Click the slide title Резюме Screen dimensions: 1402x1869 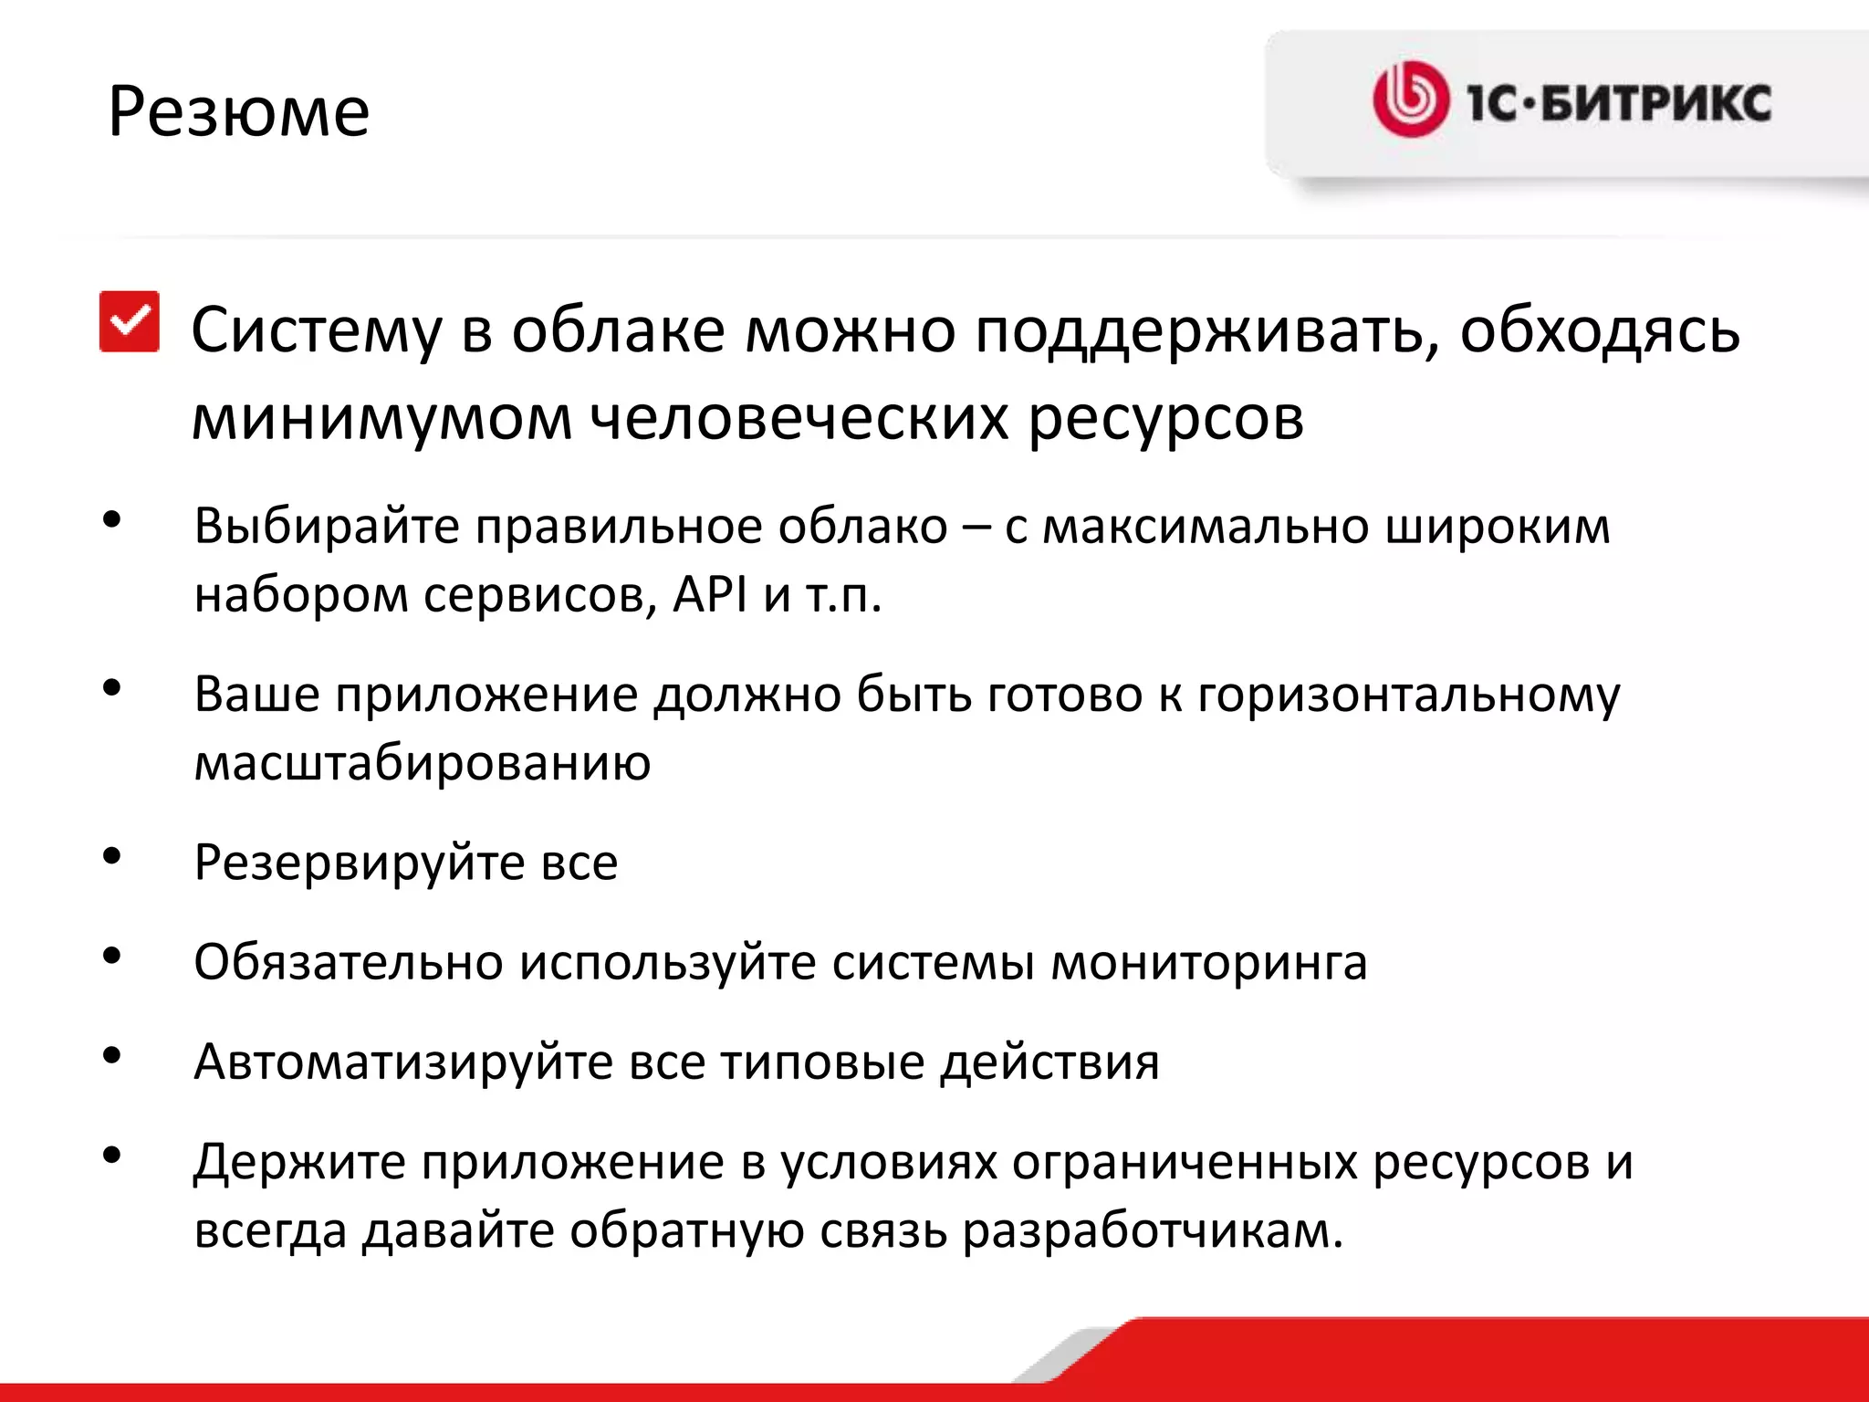tap(239, 112)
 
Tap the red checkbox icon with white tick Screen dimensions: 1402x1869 tap(130, 321)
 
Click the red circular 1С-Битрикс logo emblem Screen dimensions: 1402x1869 tap(1410, 99)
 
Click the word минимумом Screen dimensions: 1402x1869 tap(381, 418)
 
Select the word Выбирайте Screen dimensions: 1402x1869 tap(326, 527)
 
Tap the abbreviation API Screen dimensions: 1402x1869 tap(710, 595)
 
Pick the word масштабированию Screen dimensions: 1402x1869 tap(423, 762)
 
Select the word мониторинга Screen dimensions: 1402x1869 tap(1209, 962)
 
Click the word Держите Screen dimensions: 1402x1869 tap(299, 1163)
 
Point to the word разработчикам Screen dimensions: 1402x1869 tap(1152, 1231)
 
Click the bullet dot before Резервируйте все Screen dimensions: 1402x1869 tap(112, 856)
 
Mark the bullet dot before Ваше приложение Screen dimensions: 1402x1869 tap(112, 688)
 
